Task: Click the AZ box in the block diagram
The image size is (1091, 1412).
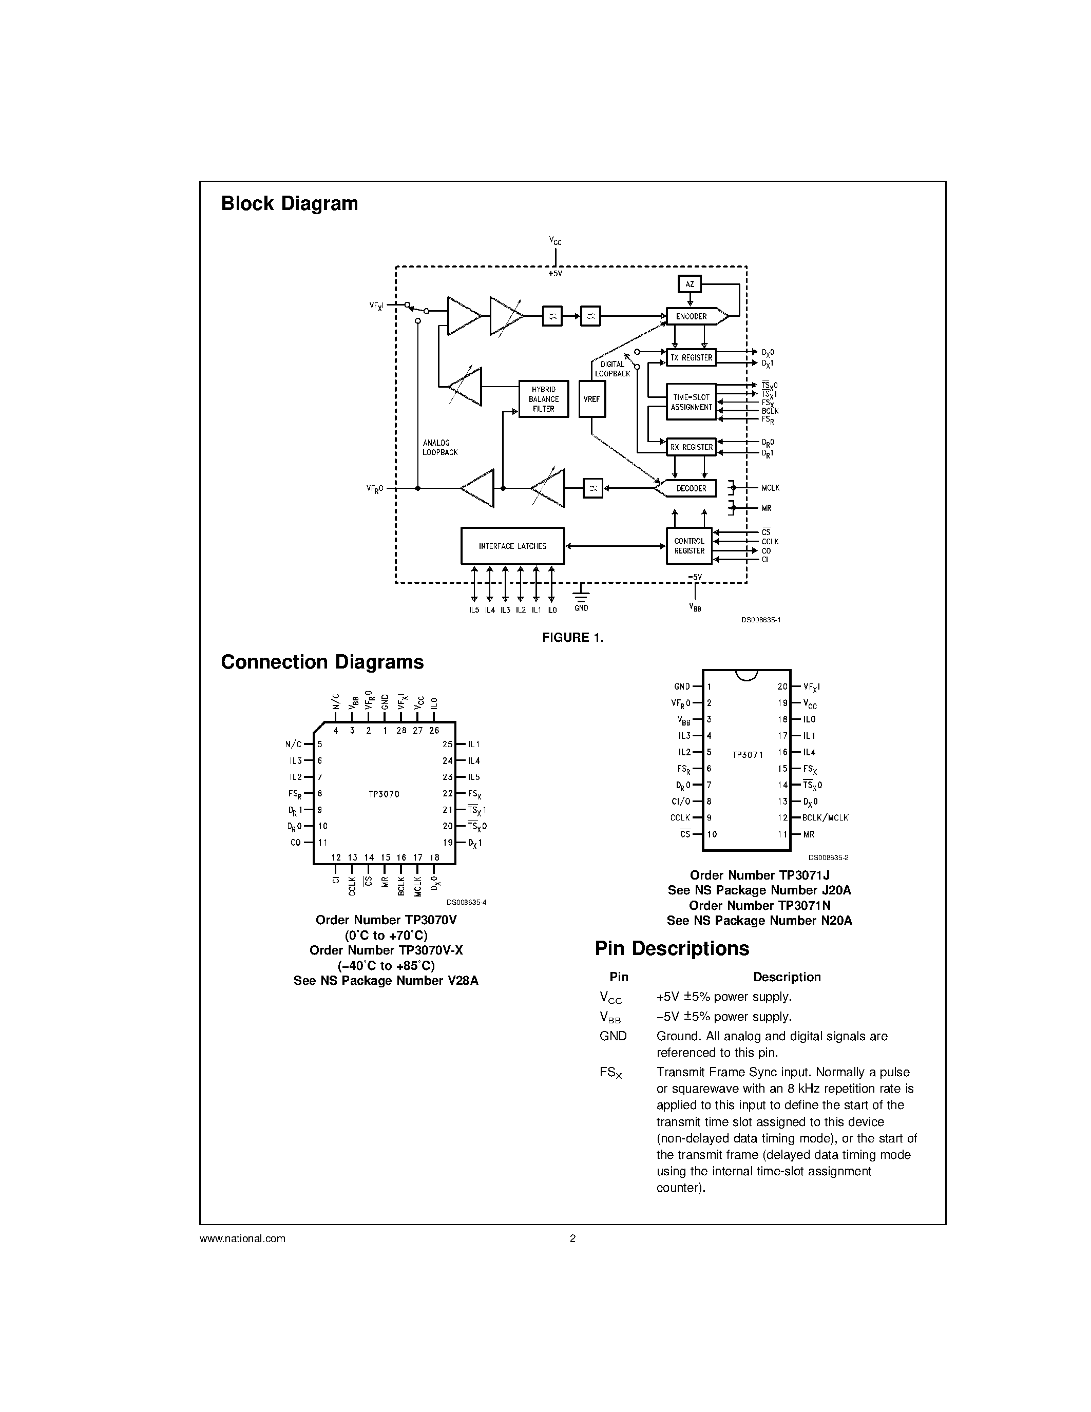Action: click(x=690, y=284)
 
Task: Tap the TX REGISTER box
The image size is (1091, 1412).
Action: click(x=691, y=357)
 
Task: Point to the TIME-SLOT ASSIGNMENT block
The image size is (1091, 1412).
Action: click(x=691, y=402)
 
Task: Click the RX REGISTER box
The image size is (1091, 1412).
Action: click(x=691, y=447)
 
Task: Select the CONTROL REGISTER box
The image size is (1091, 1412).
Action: click(x=689, y=546)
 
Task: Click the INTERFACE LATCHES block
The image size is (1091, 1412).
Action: click(x=512, y=546)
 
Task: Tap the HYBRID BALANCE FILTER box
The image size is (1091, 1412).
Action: click(x=544, y=399)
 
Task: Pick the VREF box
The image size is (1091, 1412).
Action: click(x=591, y=399)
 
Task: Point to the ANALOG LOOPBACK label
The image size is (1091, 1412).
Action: click(x=439, y=447)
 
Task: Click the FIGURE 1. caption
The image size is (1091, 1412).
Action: click(x=572, y=638)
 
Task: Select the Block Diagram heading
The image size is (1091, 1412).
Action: click(x=289, y=204)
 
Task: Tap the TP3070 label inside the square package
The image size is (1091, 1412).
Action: click(x=384, y=794)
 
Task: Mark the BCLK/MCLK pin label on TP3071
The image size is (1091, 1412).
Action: click(x=826, y=818)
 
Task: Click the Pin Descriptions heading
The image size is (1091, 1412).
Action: click(x=672, y=948)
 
